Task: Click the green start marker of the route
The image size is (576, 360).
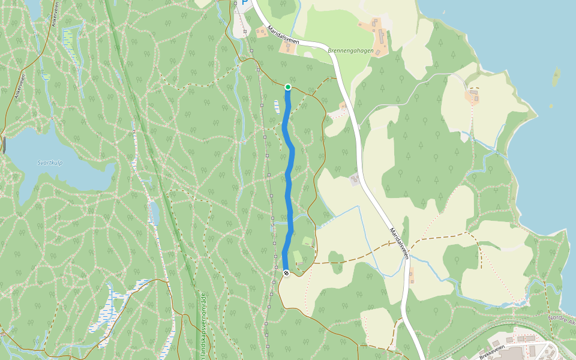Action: click(x=288, y=88)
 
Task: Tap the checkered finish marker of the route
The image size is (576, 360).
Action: click(x=286, y=273)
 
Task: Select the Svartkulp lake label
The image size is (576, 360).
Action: click(x=50, y=163)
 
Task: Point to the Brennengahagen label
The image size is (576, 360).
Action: click(x=351, y=51)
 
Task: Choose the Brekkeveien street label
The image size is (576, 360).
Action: click(x=493, y=352)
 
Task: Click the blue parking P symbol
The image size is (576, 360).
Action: click(x=244, y=3)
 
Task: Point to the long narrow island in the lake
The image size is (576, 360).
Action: click(x=556, y=77)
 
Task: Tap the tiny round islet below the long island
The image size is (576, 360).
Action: click(x=551, y=106)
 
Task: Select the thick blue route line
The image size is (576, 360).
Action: click(x=291, y=180)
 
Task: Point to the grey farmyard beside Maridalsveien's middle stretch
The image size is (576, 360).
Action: click(x=355, y=178)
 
